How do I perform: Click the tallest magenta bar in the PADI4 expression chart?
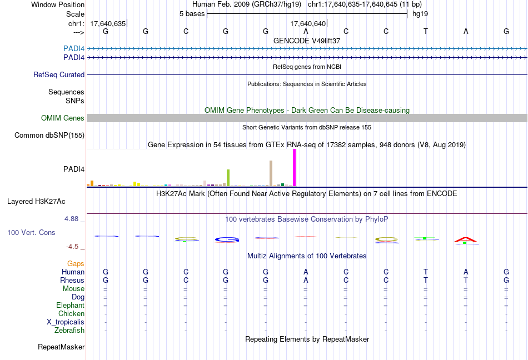(294, 168)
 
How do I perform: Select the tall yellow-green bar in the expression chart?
(228, 178)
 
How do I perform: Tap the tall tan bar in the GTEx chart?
(271, 173)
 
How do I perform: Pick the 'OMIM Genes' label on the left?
(63, 118)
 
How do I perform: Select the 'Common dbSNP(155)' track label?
(49, 135)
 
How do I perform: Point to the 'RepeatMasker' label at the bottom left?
(61, 347)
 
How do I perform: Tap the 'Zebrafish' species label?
(70, 331)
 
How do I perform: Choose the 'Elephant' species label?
(70, 306)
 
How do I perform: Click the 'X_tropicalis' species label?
(66, 322)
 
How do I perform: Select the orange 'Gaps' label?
(76, 263)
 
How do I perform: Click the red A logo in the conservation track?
(466, 240)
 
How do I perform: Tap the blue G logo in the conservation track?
(226, 239)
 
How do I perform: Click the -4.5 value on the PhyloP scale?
(74, 247)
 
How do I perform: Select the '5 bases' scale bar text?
(192, 14)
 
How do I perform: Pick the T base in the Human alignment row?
(426, 272)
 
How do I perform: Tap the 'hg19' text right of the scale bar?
(420, 14)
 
